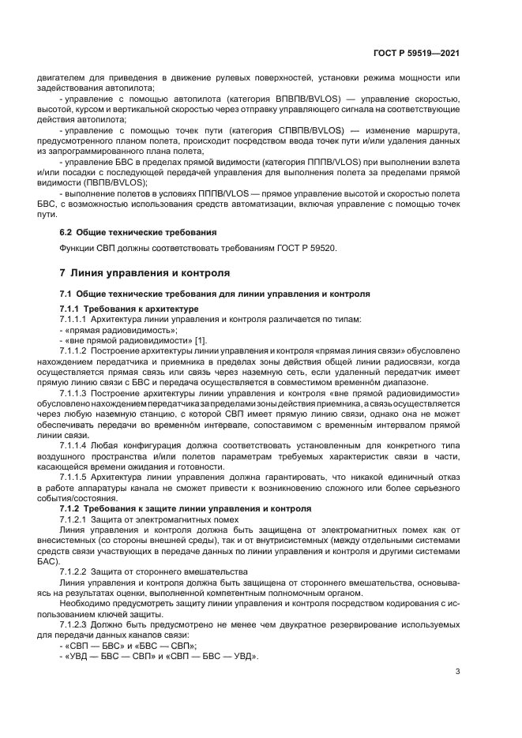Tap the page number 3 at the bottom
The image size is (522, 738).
tap(457, 672)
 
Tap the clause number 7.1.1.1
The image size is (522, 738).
tap(73, 318)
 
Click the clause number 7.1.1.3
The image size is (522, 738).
tap(73, 392)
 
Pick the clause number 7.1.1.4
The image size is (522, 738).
tap(73, 444)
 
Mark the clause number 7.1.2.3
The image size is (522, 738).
tap(73, 624)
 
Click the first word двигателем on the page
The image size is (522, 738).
tap(59, 77)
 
